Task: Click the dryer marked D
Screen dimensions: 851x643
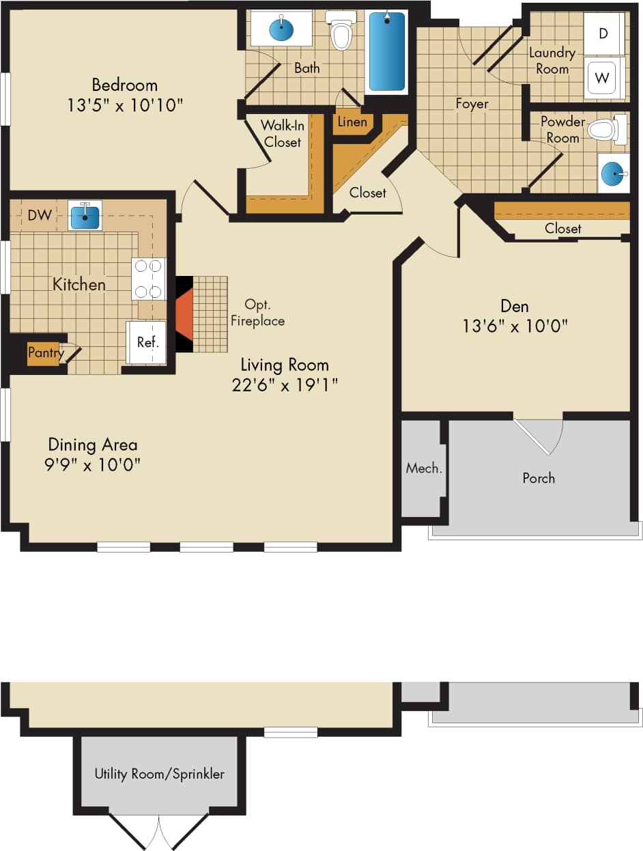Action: tap(603, 33)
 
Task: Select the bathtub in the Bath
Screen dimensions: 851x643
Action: tap(387, 52)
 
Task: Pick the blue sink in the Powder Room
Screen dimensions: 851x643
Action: tap(613, 173)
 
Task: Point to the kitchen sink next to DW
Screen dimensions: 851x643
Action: tap(85, 216)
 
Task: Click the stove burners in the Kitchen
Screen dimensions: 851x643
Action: tap(148, 279)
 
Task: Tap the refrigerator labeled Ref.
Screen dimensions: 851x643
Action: tap(147, 342)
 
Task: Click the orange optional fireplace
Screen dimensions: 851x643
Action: tap(184, 314)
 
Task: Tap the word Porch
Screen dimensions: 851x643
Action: tap(539, 478)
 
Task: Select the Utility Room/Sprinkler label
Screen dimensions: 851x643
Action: tap(160, 774)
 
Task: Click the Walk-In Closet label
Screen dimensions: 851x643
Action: tap(283, 134)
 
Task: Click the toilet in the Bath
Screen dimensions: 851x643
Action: tap(341, 31)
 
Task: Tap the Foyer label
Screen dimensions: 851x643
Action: tap(472, 104)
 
